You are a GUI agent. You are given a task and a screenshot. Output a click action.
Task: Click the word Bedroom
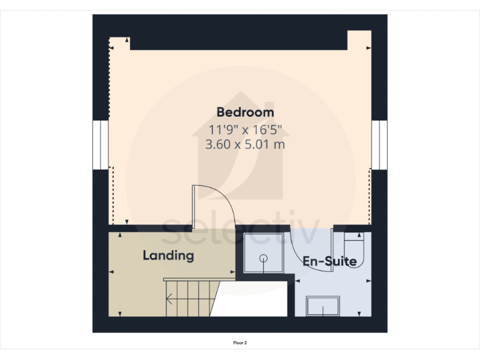(x=245, y=112)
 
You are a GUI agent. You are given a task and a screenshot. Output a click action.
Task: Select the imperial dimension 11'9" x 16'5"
(x=245, y=129)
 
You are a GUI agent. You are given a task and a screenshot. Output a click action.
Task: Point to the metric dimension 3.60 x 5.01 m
(x=245, y=144)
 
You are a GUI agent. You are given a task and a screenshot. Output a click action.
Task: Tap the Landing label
(x=168, y=255)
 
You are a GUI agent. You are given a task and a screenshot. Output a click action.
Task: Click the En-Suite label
(x=329, y=261)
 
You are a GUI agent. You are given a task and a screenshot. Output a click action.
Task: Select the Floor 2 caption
(x=240, y=342)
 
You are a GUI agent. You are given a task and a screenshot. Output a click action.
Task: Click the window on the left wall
(x=101, y=144)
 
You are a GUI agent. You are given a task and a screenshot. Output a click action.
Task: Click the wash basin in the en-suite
(x=322, y=306)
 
